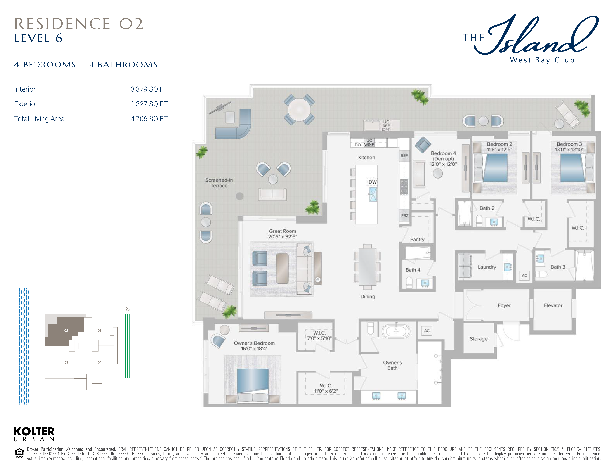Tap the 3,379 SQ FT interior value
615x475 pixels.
coord(149,89)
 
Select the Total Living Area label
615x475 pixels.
coord(39,119)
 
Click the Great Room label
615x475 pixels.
coord(282,231)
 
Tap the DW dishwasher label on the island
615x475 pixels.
coord(373,182)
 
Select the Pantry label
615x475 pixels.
coord(417,239)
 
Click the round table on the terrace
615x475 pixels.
coord(299,110)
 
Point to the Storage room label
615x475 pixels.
coord(478,339)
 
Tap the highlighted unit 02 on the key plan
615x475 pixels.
coord(66,331)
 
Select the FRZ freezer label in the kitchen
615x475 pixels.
coord(405,216)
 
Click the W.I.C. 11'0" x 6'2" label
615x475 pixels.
coord(326,388)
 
